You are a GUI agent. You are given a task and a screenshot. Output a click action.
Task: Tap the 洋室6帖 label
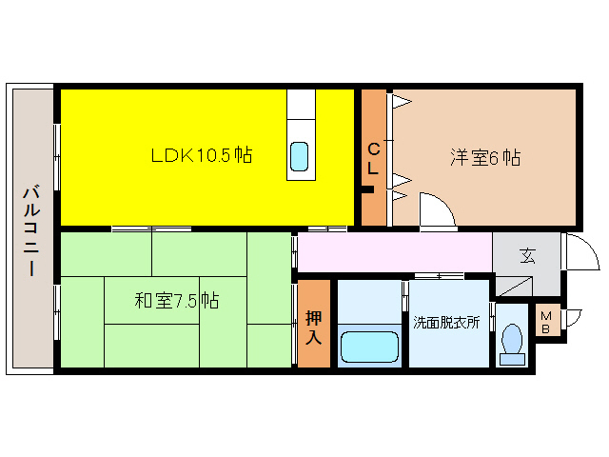tap(485, 158)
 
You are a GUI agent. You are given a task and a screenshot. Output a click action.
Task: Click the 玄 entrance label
tap(526, 255)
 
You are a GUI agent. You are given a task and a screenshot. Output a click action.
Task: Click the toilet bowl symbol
tap(512, 341)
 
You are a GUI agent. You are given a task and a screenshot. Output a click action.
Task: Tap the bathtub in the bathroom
tap(369, 346)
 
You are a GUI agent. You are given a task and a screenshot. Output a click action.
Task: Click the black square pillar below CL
tap(366, 189)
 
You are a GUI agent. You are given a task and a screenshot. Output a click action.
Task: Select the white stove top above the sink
tap(301, 104)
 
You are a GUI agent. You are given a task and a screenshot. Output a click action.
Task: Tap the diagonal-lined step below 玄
tap(515, 285)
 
